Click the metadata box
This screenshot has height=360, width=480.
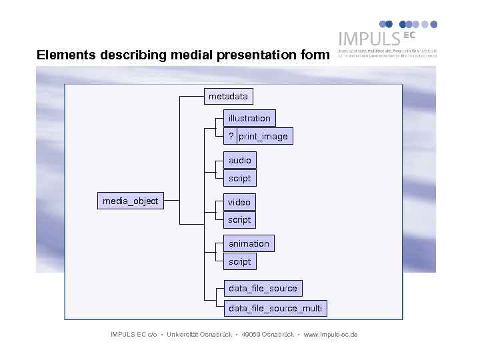[x=228, y=97]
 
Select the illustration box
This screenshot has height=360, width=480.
[x=249, y=119]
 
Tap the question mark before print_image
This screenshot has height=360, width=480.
[x=231, y=137]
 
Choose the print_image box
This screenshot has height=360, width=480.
[x=264, y=137]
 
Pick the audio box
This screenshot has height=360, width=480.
[x=240, y=161]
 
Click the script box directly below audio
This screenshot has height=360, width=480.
[x=240, y=179]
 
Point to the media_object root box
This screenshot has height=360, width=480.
[x=130, y=201]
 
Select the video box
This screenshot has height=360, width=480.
[x=239, y=202]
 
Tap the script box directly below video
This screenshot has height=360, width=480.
[x=240, y=220]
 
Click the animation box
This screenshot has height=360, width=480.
[x=249, y=244]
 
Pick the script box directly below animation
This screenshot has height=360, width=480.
[x=240, y=262]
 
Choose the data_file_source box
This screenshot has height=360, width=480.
[x=263, y=289]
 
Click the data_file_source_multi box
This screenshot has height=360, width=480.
[x=275, y=308]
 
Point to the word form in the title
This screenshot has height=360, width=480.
[x=315, y=55]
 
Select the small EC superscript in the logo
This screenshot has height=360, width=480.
[x=408, y=33]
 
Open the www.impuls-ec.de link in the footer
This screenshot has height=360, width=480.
[x=331, y=334]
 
